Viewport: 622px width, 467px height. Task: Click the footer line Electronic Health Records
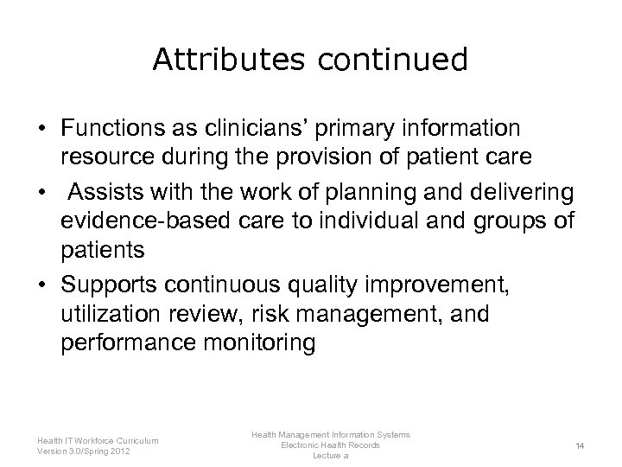(x=330, y=445)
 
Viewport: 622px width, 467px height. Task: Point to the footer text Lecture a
(x=330, y=455)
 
